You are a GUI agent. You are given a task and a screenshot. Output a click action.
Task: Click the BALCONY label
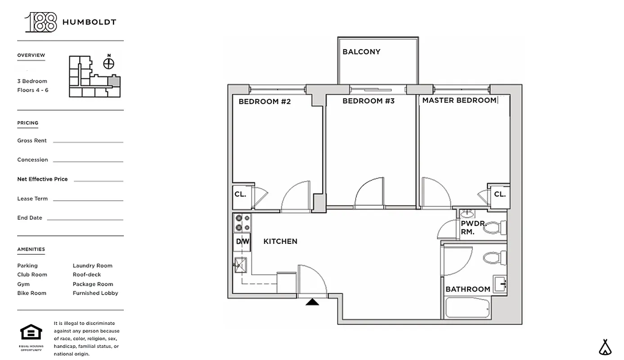point(361,52)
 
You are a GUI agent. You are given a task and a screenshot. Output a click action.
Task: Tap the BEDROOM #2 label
point(265,102)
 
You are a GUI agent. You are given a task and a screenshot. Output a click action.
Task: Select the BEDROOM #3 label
point(368,101)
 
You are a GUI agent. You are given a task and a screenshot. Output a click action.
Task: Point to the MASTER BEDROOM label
point(459,100)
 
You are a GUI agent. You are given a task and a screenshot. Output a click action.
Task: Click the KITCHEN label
point(280,242)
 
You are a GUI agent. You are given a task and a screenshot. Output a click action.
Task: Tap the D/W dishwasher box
point(242,242)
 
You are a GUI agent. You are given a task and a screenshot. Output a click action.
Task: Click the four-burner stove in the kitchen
point(242,223)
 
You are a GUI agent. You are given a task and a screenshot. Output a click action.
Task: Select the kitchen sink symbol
point(240,265)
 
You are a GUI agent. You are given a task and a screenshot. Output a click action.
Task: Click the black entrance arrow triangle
point(312,302)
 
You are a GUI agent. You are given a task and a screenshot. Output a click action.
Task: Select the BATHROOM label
point(468,289)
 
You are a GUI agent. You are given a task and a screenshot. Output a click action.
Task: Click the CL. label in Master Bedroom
point(500,194)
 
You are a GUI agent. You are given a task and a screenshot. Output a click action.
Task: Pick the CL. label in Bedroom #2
point(240,194)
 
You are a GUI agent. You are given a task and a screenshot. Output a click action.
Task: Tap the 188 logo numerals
point(41,22)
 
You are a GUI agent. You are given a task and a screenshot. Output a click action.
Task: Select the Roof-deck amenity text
point(87,274)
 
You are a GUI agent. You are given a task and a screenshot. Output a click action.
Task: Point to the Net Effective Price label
point(42,179)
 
